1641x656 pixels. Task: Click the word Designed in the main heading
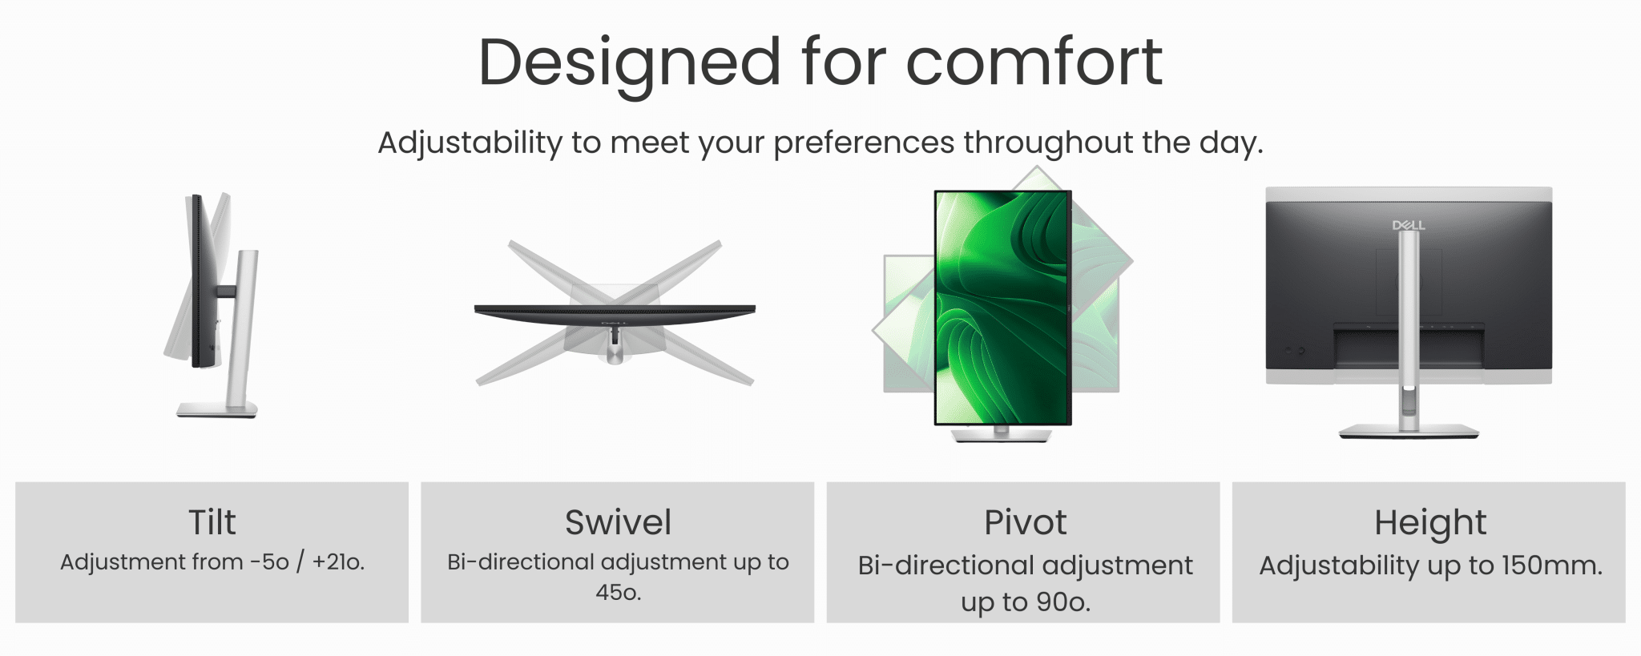click(x=629, y=63)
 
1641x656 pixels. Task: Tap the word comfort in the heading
click(x=1034, y=62)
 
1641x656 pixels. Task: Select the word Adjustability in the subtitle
click(x=470, y=143)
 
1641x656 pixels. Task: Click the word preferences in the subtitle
click(x=864, y=143)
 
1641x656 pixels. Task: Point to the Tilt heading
click(x=212, y=522)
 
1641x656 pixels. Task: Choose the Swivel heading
click(x=618, y=522)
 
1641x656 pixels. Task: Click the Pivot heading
click(x=1025, y=522)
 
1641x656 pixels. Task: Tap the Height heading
click(x=1430, y=523)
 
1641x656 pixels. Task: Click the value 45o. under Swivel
click(x=618, y=593)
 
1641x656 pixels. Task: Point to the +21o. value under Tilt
click(x=338, y=562)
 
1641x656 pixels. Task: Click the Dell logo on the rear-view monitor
click(x=1409, y=226)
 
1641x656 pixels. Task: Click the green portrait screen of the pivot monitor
click(x=1002, y=308)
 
